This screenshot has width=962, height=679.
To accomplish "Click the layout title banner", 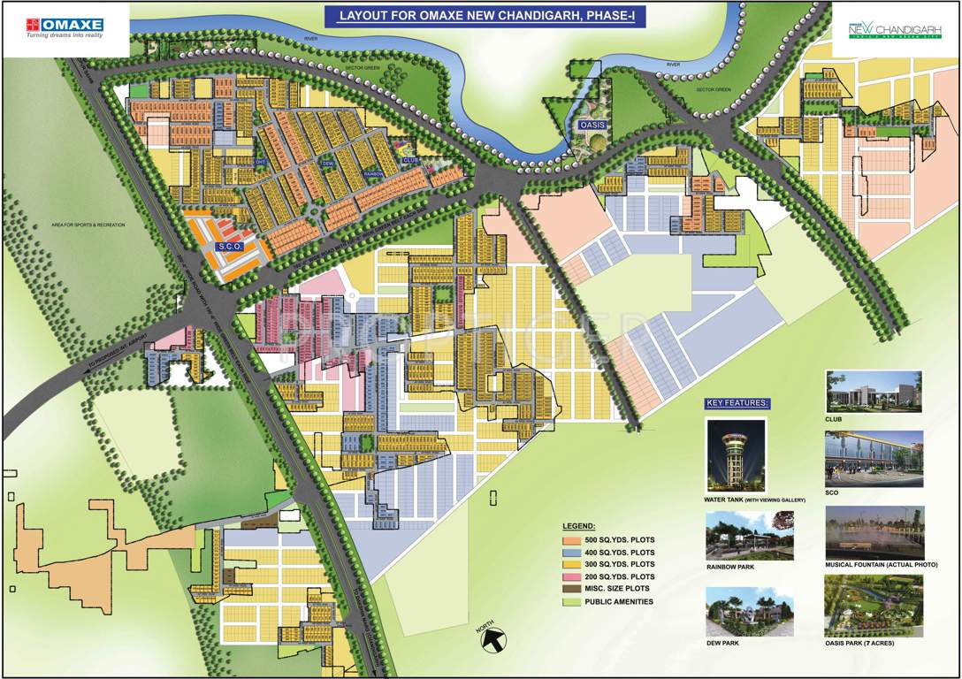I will pyautogui.click(x=481, y=15).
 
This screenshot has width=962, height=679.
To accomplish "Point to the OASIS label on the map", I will pyautogui.click(x=592, y=126).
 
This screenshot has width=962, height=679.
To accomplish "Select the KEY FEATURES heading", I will pyautogui.click(x=737, y=403).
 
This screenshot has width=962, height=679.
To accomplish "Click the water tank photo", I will pyautogui.click(x=736, y=455).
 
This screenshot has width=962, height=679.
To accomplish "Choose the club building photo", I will pyautogui.click(x=874, y=392).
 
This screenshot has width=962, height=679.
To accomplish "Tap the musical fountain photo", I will pyautogui.click(x=874, y=533).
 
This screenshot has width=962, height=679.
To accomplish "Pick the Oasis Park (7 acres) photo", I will pyautogui.click(x=873, y=607).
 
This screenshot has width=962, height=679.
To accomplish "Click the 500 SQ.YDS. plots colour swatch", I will pyautogui.click(x=569, y=539).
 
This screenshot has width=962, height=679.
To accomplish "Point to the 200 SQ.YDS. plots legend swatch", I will pyautogui.click(x=569, y=576).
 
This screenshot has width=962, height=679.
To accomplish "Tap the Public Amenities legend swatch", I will pyautogui.click(x=569, y=602).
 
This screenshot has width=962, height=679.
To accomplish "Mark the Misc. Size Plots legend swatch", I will pyautogui.click(x=569, y=589).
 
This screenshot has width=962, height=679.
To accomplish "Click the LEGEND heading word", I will pyautogui.click(x=579, y=525).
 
